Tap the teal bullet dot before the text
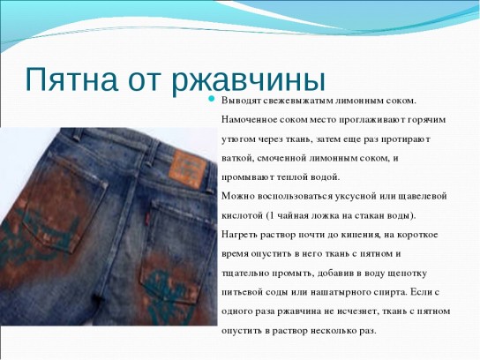211,98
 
